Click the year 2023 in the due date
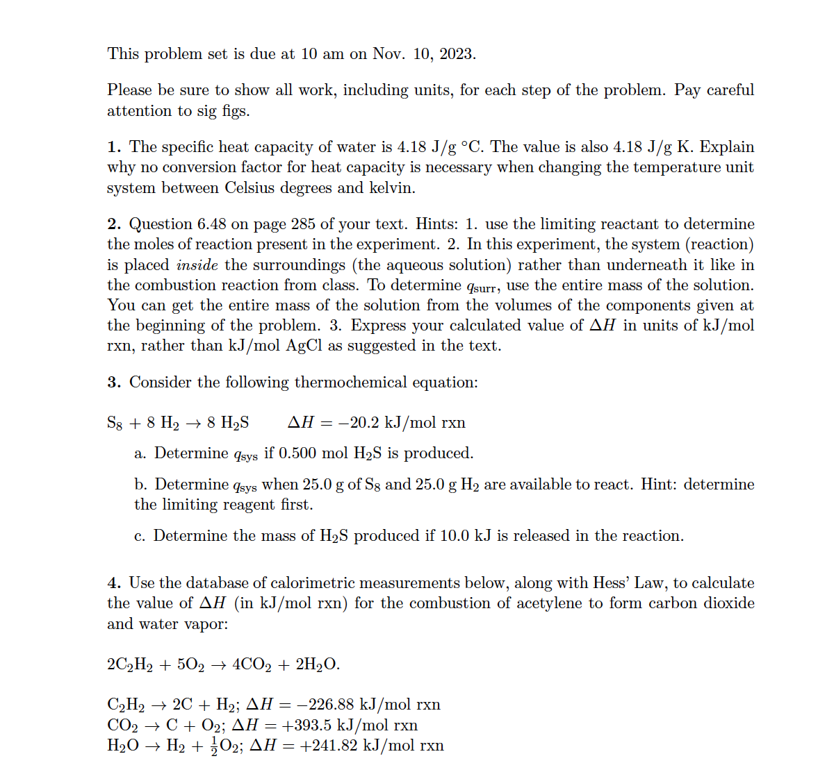456,54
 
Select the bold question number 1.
114,147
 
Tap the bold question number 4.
114,583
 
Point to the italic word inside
197,265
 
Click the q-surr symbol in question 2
480,287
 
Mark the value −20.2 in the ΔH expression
359,423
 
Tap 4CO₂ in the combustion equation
252,665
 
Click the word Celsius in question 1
250,188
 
